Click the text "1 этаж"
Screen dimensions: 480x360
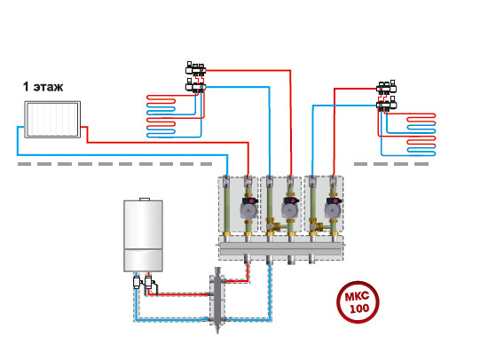pos(43,87)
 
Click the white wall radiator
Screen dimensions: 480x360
pos(52,120)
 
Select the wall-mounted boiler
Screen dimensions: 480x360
pos(143,235)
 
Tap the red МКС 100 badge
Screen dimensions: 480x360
pos(358,302)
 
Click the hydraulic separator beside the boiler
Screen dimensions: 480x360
pos(217,300)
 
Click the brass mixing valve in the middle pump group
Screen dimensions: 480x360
pos(273,225)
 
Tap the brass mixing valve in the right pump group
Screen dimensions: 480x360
pos(316,225)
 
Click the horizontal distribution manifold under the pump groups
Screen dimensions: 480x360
pos(280,248)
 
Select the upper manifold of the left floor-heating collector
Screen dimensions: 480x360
pos(195,69)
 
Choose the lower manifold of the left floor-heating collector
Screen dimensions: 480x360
pos(195,86)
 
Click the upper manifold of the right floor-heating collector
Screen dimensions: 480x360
pos(387,88)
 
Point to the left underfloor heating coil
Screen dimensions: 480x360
pos(161,116)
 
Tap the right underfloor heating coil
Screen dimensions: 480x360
pos(421,134)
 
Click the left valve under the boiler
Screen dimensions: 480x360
pos(137,282)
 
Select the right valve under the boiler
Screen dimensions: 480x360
pos(148,282)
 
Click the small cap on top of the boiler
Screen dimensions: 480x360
pos(145,200)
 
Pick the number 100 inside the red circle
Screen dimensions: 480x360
pos(359,309)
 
